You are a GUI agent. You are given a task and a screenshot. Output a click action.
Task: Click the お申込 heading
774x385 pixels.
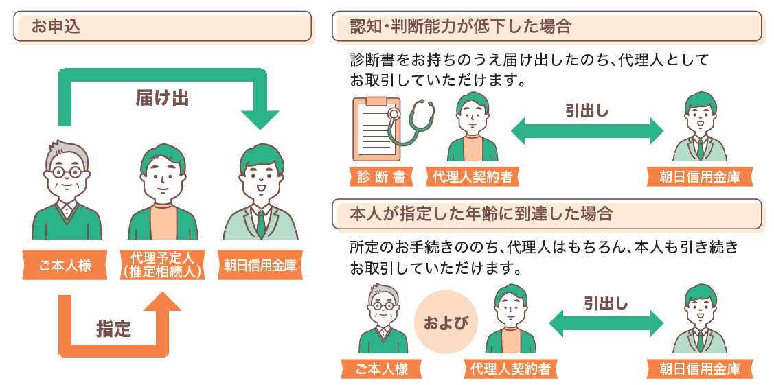pyautogui.click(x=56, y=27)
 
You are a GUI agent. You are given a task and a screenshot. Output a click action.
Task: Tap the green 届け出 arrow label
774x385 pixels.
pyautogui.click(x=161, y=98)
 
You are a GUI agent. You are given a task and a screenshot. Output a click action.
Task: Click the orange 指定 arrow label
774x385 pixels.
pyautogui.click(x=113, y=329)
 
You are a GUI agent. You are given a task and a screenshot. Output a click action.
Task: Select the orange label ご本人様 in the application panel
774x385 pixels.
pyautogui.click(x=65, y=266)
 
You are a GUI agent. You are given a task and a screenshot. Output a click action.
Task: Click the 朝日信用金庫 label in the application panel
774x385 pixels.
pyautogui.click(x=261, y=266)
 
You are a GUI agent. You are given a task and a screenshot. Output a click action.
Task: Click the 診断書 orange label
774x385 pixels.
pyautogui.click(x=381, y=177)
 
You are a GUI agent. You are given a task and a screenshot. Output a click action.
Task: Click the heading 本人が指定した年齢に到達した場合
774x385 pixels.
pyautogui.click(x=481, y=213)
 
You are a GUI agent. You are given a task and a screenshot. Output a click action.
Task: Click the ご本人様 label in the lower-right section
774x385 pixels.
pyautogui.click(x=382, y=369)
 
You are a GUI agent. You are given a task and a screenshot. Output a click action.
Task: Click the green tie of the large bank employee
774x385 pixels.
pyautogui.click(x=261, y=223)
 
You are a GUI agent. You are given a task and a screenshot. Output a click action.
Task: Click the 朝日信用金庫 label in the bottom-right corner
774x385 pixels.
pyautogui.click(x=700, y=369)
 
